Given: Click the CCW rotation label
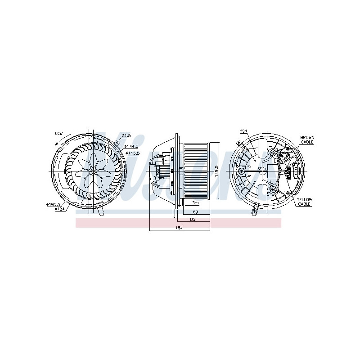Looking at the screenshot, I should [x=58, y=133].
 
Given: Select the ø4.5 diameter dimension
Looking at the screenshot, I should [x=126, y=135].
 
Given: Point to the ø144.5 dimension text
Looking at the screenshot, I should [x=132, y=147].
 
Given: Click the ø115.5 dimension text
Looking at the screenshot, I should [x=132, y=153].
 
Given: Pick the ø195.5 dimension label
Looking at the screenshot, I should [x=53, y=204].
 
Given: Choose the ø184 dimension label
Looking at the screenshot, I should [x=59, y=209].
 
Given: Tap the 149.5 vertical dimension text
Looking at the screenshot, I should [x=216, y=171].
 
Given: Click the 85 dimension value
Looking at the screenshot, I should [x=193, y=220].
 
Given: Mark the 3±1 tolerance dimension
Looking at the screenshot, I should [x=195, y=203].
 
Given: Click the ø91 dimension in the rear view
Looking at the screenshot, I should [x=243, y=131].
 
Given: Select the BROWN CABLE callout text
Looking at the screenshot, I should [x=307, y=139].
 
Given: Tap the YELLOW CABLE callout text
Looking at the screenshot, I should [x=305, y=201].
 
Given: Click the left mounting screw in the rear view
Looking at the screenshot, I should [x=242, y=171].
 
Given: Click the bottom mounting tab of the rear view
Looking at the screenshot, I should [x=256, y=208].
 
